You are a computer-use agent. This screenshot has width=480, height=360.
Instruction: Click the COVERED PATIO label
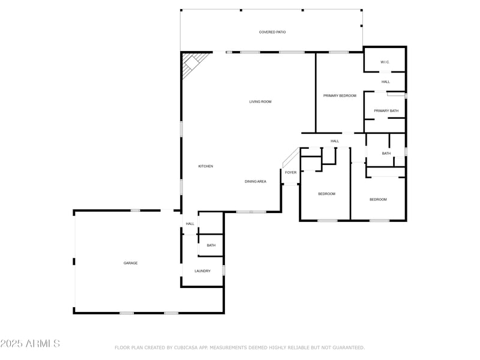pyautogui.click(x=272, y=32)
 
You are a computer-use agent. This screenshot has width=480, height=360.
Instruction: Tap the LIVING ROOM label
pyautogui.click(x=260, y=102)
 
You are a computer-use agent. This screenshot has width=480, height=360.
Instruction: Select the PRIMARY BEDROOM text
pyautogui.click(x=340, y=96)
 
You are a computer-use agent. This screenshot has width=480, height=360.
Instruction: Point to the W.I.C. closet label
pyautogui.click(x=385, y=62)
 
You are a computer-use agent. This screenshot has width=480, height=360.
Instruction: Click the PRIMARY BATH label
pyautogui.click(x=386, y=111)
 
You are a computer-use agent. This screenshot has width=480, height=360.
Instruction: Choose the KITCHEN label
pyautogui.click(x=206, y=166)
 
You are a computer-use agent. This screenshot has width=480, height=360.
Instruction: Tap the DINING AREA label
pyautogui.click(x=255, y=181)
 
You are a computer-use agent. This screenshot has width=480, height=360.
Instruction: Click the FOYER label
pyautogui.click(x=290, y=173)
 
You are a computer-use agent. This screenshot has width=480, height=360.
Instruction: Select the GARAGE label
pyautogui.click(x=131, y=263)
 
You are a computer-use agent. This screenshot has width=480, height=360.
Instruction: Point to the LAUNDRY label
pyautogui.click(x=202, y=271)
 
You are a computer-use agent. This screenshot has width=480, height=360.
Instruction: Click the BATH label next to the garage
pyautogui.click(x=211, y=245)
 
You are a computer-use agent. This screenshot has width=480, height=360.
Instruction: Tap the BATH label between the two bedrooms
pyautogui.click(x=386, y=154)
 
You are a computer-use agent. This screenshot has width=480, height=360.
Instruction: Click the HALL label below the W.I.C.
pyautogui.click(x=385, y=82)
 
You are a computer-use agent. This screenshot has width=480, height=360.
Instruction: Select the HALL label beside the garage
pyautogui.click(x=190, y=224)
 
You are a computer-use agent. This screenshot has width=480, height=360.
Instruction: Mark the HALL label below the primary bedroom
pyautogui.click(x=335, y=142)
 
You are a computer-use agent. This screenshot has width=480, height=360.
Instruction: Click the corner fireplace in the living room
pyautogui.click(x=193, y=62)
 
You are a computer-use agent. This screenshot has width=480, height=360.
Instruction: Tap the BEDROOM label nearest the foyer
pyautogui.click(x=326, y=194)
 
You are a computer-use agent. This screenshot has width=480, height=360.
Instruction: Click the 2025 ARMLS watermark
pyautogui.click(x=30, y=344)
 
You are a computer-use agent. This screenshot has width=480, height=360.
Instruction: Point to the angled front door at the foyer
pyautogui.click(x=290, y=157)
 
